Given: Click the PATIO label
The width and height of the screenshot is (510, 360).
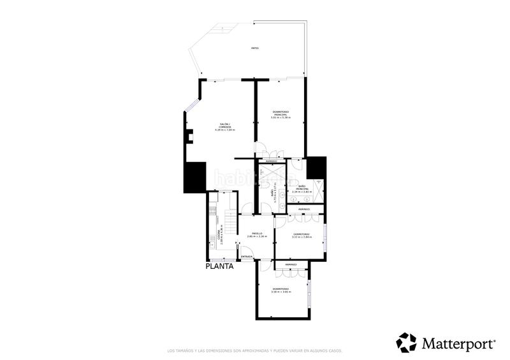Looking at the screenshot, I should click(254, 48).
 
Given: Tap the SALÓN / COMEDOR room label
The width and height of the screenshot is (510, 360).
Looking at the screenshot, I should click(225, 125).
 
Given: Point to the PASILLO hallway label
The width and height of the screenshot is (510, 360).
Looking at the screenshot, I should click(256, 234).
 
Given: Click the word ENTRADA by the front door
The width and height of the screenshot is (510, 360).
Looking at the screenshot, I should click(247, 257).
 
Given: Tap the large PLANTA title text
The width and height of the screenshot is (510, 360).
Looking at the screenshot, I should click(219, 267).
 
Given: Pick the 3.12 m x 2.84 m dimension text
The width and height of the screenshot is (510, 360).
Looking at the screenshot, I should click(302, 238).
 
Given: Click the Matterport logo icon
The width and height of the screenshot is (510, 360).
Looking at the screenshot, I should click(406, 343).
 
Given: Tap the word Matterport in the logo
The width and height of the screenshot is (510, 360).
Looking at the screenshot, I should click(458, 343).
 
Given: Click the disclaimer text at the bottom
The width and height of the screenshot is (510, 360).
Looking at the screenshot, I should click(254, 350).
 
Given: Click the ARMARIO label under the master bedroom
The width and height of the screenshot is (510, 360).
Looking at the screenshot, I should click(271, 161).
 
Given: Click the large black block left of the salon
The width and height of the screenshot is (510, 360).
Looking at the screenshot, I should click(194, 176).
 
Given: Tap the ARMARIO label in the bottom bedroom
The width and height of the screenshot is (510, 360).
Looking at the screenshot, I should click(291, 264).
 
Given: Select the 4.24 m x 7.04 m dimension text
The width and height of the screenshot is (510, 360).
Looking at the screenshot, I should click(225, 130).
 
